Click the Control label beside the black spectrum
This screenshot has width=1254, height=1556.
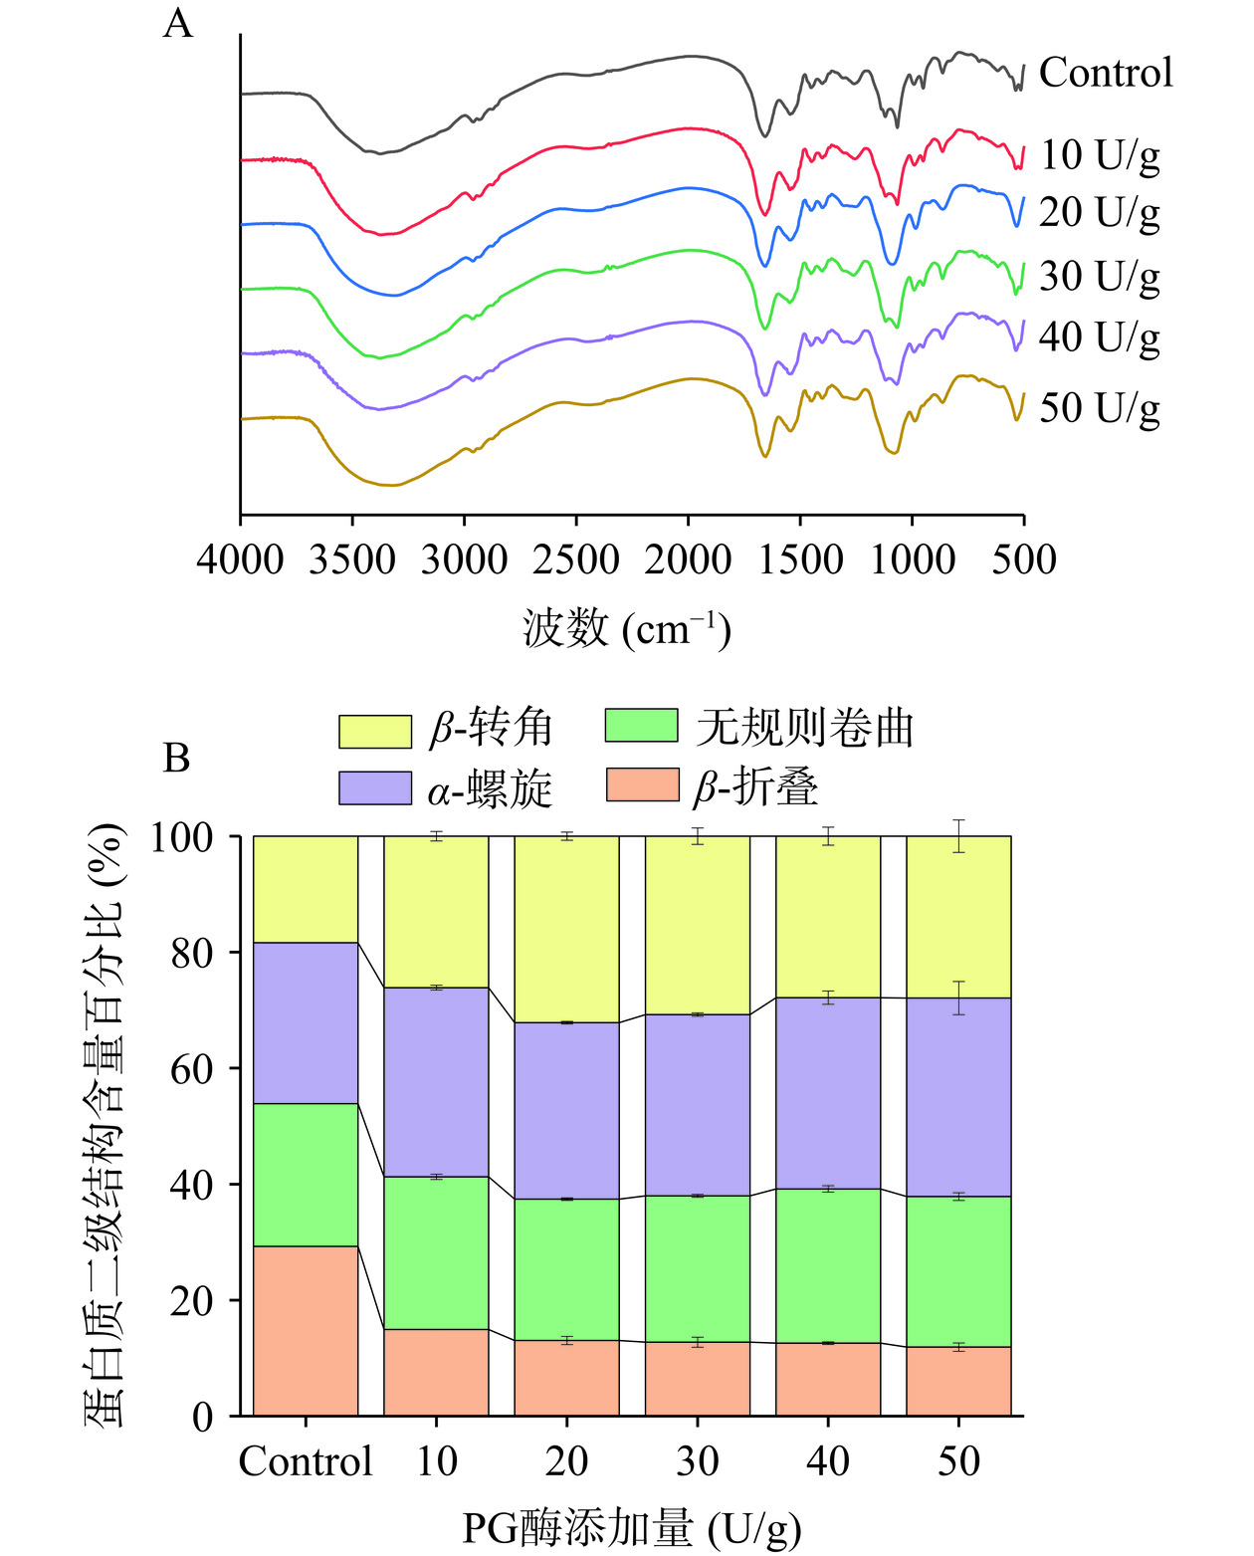click(1106, 73)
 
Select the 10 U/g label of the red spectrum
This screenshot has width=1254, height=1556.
click(1100, 155)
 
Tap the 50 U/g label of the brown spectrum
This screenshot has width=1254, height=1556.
click(1100, 408)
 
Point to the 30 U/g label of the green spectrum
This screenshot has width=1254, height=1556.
click(1100, 277)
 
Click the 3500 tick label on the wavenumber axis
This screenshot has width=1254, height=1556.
click(352, 559)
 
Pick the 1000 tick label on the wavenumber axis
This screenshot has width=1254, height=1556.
click(913, 559)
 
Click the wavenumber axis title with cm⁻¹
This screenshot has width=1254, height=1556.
click(627, 629)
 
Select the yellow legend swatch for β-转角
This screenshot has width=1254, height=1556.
click(375, 731)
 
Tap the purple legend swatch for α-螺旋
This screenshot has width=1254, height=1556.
click(375, 787)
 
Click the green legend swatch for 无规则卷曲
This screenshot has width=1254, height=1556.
click(642, 726)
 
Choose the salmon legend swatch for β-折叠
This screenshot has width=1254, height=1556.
click(642, 784)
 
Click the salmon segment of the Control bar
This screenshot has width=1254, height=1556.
click(306, 1330)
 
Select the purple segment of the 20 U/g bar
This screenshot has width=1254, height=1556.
click(566, 1110)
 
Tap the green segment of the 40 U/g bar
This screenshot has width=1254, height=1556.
click(828, 1265)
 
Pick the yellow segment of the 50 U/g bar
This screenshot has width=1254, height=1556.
click(958, 916)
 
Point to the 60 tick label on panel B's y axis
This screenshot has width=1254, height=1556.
click(190, 1069)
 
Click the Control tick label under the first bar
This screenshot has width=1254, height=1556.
click(306, 1461)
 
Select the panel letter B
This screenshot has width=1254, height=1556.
click(176, 759)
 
